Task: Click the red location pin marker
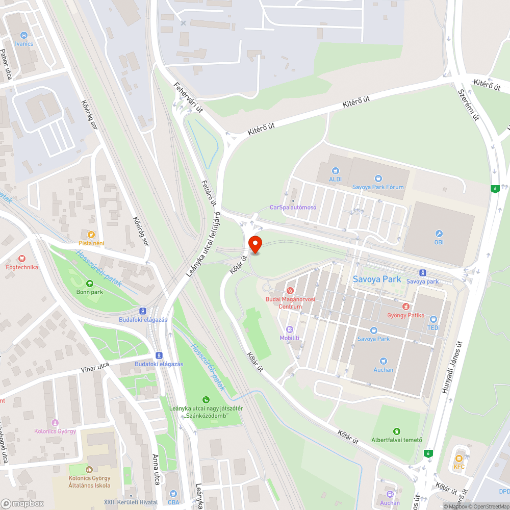(254, 244)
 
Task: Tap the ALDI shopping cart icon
(335, 171)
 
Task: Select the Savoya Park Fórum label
(378, 187)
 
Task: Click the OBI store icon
(438, 233)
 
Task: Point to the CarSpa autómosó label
(293, 207)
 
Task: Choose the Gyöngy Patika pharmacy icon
(406, 307)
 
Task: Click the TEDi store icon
(433, 319)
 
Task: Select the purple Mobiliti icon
(290, 329)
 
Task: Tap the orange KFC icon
(458, 458)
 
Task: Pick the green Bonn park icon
(90, 284)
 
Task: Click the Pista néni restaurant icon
(91, 235)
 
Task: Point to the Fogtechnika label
(21, 267)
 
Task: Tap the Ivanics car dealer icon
(24, 35)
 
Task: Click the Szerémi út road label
(468, 105)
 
